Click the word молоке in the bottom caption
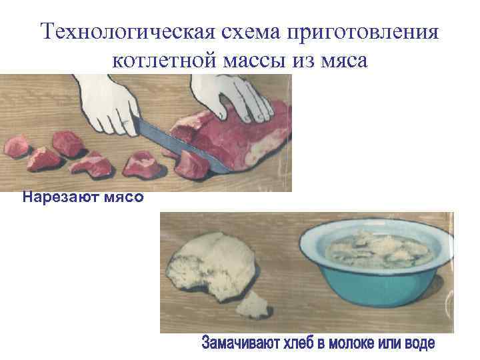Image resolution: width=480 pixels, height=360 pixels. [x=361, y=345]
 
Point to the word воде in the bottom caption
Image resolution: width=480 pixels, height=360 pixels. [x=419, y=345]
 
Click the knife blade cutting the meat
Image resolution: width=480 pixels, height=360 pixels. [x=173, y=143]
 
